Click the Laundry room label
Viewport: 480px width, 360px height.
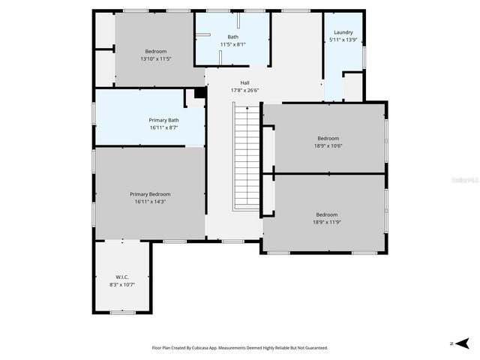[343, 32]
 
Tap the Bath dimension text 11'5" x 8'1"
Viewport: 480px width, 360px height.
[232, 44]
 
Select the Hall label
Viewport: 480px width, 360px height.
[244, 82]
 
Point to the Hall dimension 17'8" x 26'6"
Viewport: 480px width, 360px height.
[244, 91]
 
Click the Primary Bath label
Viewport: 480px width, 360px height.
[163, 120]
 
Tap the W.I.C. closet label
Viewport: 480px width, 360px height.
[122, 277]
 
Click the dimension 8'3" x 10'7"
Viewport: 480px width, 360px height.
[122, 285]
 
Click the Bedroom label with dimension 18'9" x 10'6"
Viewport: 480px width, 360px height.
[328, 138]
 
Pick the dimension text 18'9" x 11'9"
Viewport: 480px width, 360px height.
[326, 222]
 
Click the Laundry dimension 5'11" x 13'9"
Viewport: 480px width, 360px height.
[343, 40]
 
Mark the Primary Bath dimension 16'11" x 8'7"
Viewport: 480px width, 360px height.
[163, 128]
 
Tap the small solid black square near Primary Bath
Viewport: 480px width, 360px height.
[199, 93]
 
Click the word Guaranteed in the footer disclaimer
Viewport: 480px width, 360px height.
[313, 348]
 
